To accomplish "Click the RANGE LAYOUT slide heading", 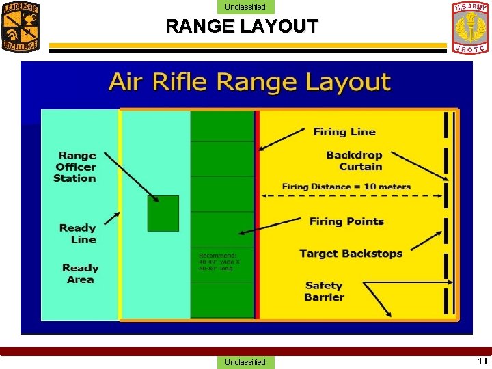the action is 242,27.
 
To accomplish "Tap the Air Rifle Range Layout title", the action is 249,82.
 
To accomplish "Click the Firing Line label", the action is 344,132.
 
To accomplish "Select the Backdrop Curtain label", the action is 354,161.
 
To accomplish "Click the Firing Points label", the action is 346,221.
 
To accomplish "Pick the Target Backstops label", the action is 351,254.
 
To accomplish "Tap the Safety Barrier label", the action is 325,291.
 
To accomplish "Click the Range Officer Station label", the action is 76,167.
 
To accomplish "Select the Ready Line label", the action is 78,233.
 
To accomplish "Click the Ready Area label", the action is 81,273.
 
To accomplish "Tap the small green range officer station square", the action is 163,213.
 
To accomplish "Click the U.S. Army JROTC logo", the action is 470,27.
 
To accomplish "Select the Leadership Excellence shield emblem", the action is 20,27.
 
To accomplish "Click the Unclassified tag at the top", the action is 245,8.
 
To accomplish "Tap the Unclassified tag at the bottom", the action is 245,362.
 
